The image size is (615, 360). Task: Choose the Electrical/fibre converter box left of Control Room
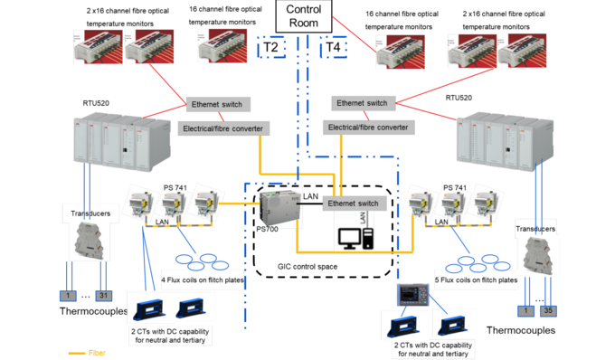(x=221, y=128)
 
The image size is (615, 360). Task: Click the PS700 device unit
(x=271, y=209)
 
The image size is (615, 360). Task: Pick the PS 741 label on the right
(x=456, y=186)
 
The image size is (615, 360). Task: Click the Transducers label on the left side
(x=90, y=213)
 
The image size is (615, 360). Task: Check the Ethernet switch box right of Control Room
(x=362, y=103)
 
